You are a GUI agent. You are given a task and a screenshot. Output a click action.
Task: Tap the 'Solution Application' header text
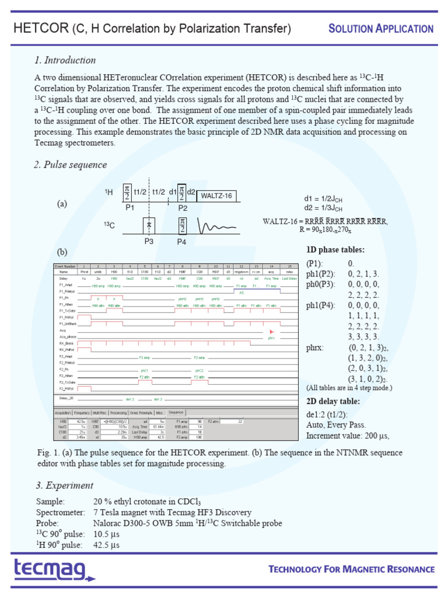[381, 29]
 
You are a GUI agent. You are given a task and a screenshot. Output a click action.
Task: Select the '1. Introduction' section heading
[65, 60]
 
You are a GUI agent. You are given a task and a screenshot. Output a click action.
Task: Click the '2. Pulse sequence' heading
[70, 165]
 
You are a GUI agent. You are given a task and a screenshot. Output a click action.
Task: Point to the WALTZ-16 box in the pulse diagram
[217, 196]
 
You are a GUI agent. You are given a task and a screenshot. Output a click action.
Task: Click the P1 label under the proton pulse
[129, 207]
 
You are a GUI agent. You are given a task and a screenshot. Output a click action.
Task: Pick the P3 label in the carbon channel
[149, 241]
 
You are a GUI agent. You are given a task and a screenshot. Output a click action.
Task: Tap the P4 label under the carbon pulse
[182, 241]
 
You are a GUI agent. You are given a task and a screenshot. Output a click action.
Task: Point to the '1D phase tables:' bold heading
[336, 249]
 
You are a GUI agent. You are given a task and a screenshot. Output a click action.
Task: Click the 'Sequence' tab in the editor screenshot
[176, 412]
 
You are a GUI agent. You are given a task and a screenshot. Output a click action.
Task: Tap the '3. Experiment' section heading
[64, 485]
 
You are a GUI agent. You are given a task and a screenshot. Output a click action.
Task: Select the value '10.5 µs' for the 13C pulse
[106, 534]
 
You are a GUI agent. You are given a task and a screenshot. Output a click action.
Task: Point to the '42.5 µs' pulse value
[106, 545]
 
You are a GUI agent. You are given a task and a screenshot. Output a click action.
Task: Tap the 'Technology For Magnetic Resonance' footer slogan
[351, 569]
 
